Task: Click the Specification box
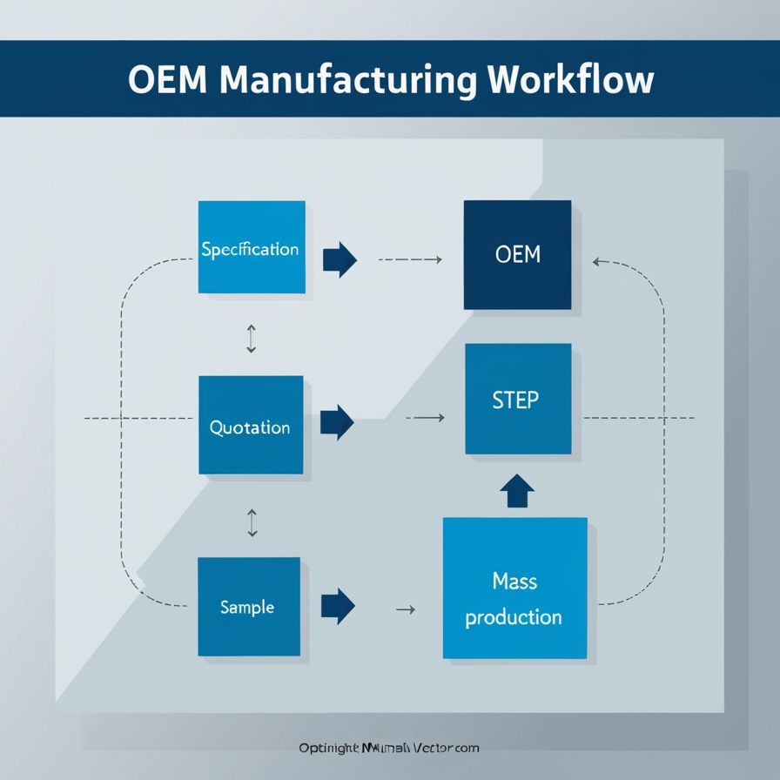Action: click(252, 248)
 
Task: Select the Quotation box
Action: click(251, 426)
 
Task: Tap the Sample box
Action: click(249, 607)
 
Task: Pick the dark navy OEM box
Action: click(517, 255)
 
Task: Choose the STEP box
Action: click(518, 400)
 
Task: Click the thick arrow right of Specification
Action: click(340, 259)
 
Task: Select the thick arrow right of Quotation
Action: click(337, 422)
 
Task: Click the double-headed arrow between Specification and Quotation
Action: click(252, 338)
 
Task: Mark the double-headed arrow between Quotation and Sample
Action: click(252, 522)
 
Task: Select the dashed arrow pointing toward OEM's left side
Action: click(411, 259)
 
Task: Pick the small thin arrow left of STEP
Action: click(426, 419)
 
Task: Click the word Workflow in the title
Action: click(570, 79)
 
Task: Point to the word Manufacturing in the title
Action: click(347, 79)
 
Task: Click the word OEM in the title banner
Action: click(167, 79)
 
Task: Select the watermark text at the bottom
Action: click(389, 748)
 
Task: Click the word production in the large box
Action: click(514, 618)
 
